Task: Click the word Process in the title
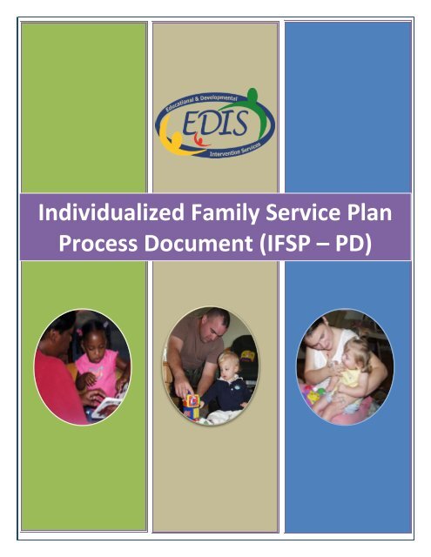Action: (x=99, y=243)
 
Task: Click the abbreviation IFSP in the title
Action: (x=306, y=243)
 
